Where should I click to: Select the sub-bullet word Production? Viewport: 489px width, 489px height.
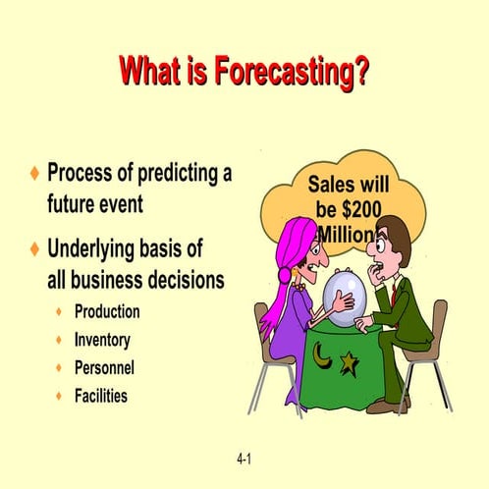point(107,312)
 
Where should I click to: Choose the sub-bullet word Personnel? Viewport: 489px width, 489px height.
point(105,368)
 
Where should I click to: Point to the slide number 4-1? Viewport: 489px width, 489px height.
point(244,459)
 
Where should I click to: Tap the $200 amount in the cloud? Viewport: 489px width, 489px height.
point(354,209)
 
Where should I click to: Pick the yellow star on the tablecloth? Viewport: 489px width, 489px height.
point(349,364)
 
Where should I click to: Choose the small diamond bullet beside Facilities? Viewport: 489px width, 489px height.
point(60,397)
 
